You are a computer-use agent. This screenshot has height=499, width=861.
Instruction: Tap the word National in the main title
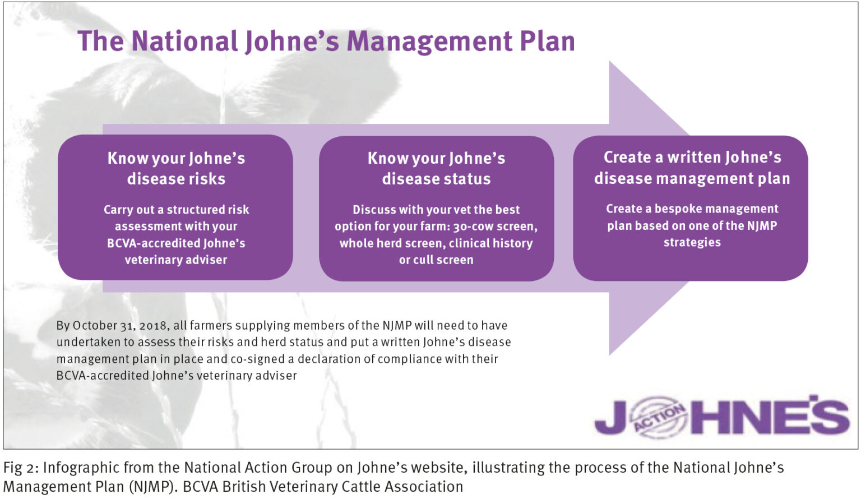click(184, 41)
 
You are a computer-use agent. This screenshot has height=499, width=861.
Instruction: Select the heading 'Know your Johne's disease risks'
click(176, 168)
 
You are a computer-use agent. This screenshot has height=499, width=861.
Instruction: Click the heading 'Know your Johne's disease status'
click(436, 168)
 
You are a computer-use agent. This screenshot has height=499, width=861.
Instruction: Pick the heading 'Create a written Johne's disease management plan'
click(692, 168)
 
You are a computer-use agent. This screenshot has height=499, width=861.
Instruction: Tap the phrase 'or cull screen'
click(436, 260)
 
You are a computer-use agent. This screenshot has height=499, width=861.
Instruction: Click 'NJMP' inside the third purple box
click(762, 225)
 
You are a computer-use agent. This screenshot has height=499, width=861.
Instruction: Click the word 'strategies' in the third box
click(692, 242)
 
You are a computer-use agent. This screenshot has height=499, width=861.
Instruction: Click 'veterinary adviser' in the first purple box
click(176, 260)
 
